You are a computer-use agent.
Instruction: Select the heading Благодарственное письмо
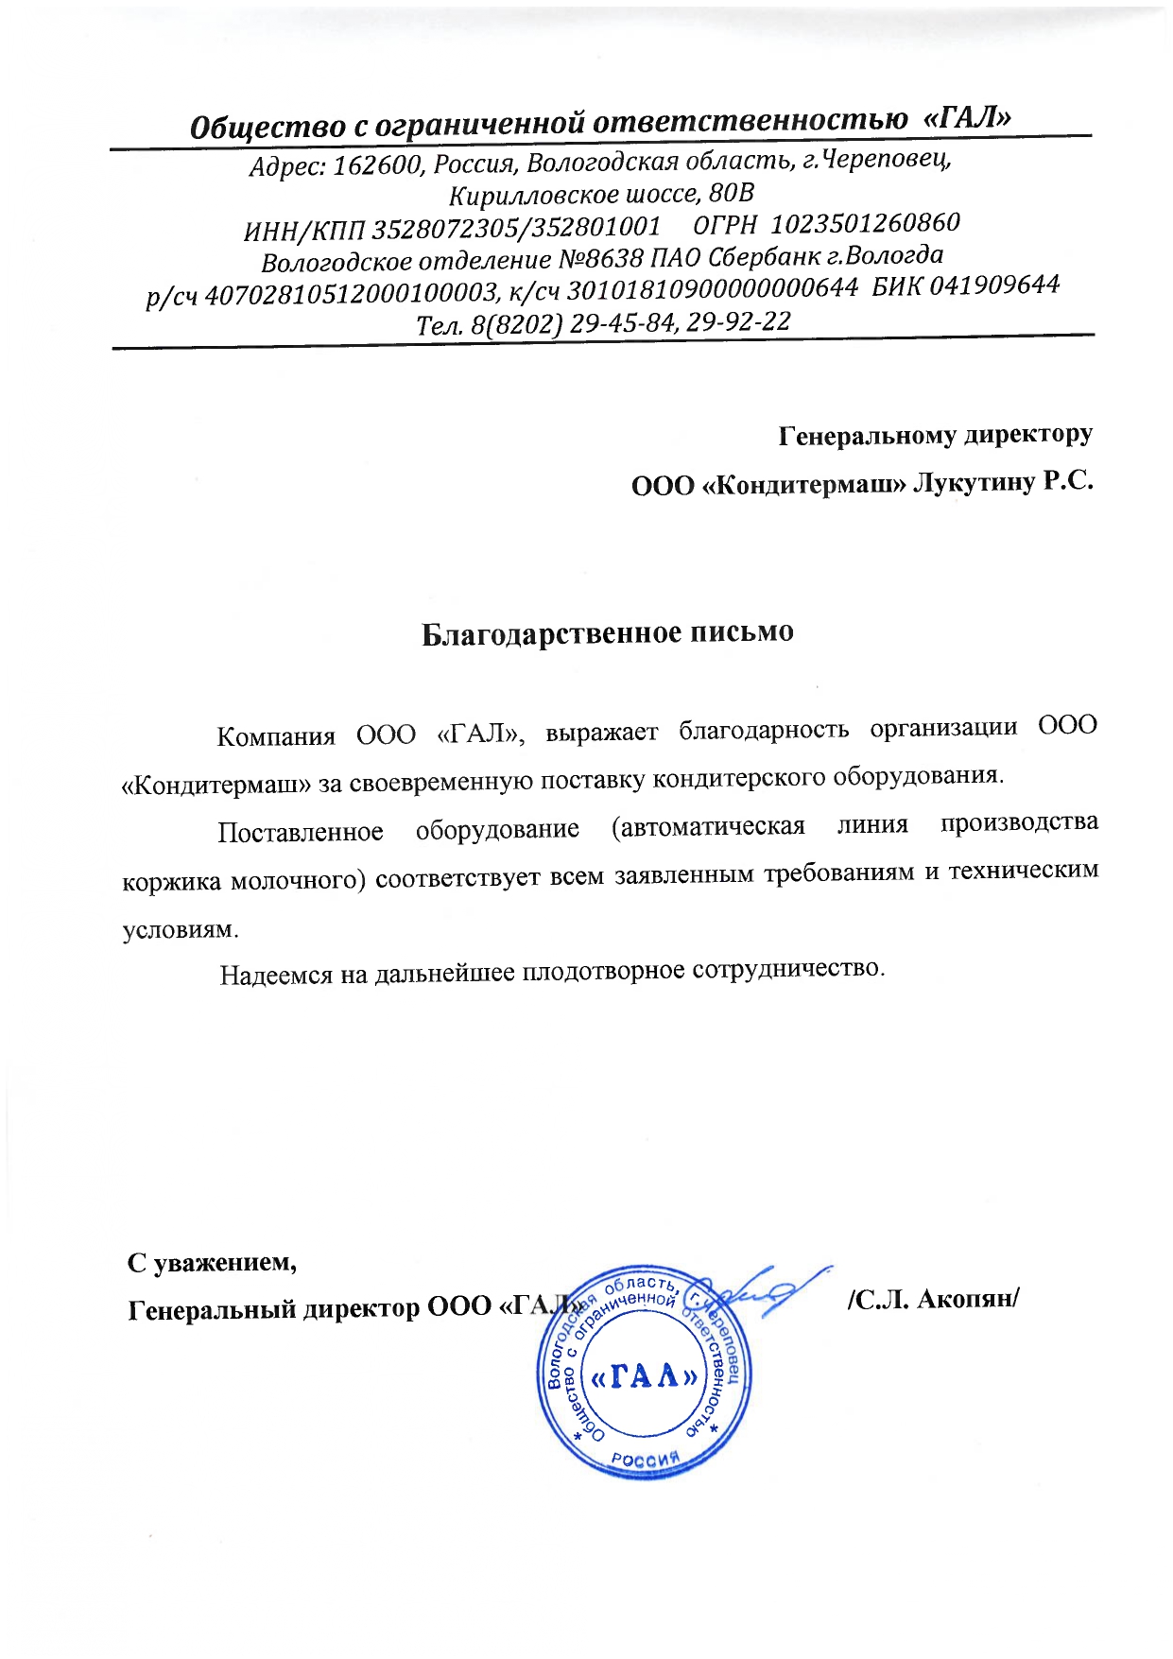coord(607,632)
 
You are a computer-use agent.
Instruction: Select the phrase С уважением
coord(213,1262)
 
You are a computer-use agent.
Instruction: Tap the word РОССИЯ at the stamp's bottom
coord(646,1458)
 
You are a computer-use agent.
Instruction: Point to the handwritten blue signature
coord(766,1289)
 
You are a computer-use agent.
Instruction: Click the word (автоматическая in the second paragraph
coord(708,827)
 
